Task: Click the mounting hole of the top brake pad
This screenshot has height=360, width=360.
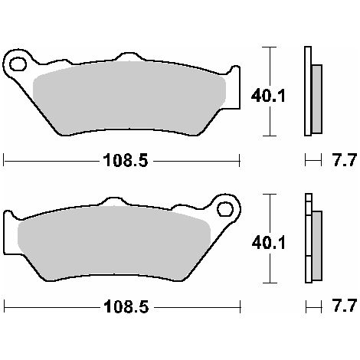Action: [18, 64]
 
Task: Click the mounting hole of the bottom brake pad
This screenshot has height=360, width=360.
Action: [225, 209]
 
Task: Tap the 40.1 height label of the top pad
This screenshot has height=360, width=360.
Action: [268, 96]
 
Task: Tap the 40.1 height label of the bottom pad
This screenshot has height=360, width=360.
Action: [268, 243]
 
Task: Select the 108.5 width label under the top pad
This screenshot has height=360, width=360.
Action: [125, 161]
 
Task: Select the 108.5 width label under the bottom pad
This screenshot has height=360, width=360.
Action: [126, 306]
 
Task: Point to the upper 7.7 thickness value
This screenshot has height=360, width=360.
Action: [344, 160]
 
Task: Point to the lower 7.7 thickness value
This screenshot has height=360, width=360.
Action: [344, 306]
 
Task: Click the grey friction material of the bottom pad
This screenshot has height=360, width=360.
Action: [113, 244]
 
